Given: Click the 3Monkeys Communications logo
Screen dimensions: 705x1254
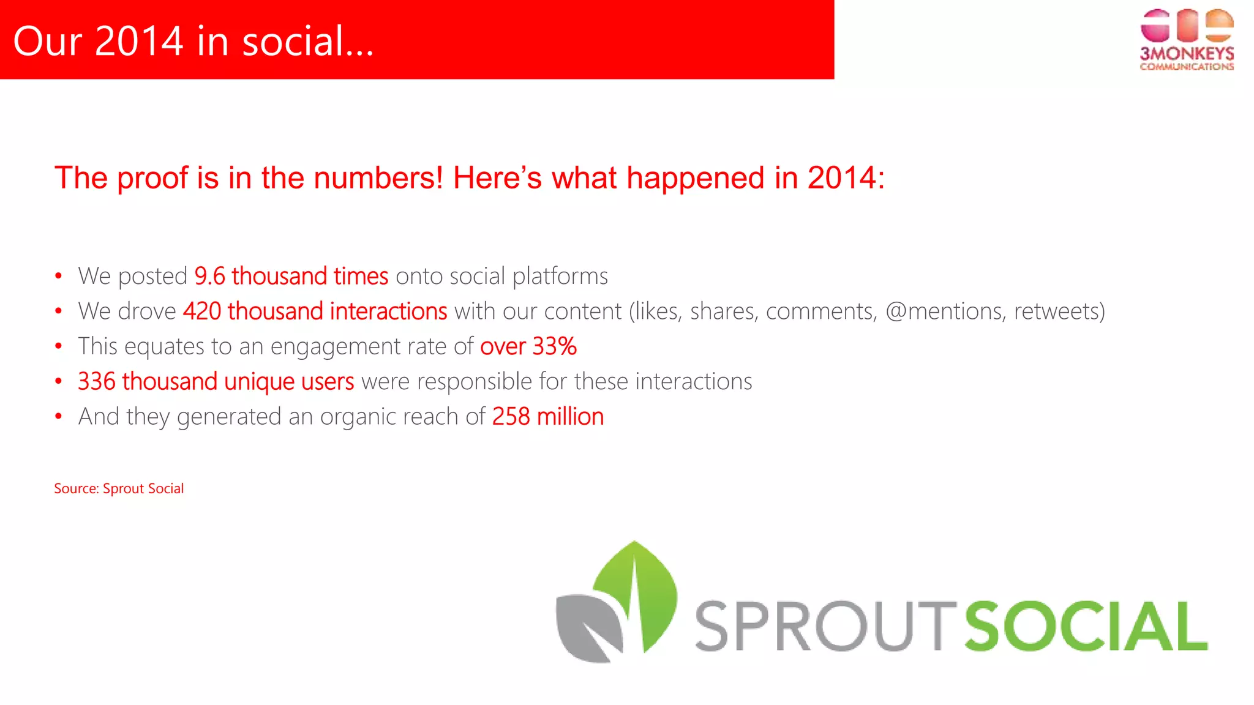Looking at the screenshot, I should tap(1186, 40).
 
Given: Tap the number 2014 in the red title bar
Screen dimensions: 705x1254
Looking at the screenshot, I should tap(139, 41).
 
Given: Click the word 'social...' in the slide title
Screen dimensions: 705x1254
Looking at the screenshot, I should tap(307, 41).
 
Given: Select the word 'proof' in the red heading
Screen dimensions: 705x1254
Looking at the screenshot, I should tap(152, 178).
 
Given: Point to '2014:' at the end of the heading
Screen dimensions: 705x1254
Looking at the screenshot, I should tap(846, 178).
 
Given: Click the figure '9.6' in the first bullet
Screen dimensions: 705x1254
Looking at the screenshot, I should tap(209, 277).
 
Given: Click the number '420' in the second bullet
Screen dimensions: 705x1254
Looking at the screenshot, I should tap(202, 311).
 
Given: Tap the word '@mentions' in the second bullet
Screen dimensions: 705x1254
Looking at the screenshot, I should tap(944, 311).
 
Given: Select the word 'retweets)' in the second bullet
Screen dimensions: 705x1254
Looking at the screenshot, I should tap(1059, 311).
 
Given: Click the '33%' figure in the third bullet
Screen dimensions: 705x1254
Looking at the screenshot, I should tap(554, 346).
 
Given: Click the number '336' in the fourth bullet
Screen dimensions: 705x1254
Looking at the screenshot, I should tap(96, 382).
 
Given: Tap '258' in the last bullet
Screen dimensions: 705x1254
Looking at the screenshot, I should tap(511, 417).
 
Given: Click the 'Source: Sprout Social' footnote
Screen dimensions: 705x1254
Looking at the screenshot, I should tap(119, 488).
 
